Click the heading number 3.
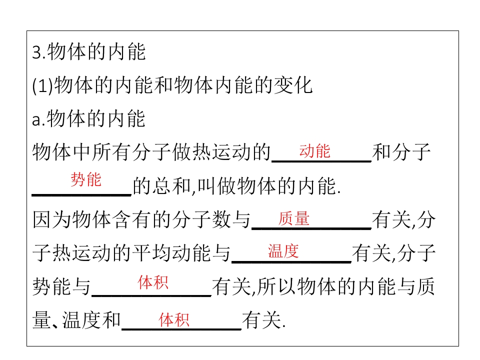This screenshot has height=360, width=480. (x=36, y=52)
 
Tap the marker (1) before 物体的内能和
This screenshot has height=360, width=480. (x=42, y=85)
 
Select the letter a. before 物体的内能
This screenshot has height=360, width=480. (x=38, y=119)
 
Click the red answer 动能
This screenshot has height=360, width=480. (x=314, y=151)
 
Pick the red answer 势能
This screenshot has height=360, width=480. (x=85, y=179)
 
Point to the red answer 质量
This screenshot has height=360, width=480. (x=294, y=218)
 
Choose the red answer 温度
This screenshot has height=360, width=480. (x=283, y=251)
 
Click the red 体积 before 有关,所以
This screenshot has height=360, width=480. (x=153, y=282)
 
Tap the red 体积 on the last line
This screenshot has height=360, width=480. (x=174, y=320)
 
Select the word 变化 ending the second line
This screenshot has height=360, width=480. (x=293, y=85)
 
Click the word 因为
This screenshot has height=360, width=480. (x=52, y=220)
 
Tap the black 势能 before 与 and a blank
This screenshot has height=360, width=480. (x=52, y=287)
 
